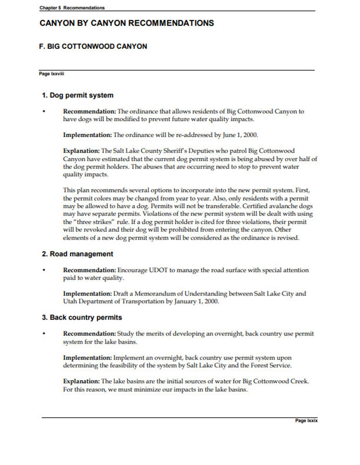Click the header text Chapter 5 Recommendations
tap(72, 8)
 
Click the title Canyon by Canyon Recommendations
tap(127, 23)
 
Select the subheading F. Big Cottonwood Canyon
tap(93, 46)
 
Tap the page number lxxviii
tap(51, 74)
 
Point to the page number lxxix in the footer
tap(306, 420)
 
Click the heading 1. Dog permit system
tap(78, 95)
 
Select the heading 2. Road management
tap(77, 254)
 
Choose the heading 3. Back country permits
tap(82, 317)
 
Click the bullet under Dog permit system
tap(44, 112)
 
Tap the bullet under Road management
tap(44, 270)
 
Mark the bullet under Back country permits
tap(44, 334)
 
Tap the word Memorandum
tap(157, 294)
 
